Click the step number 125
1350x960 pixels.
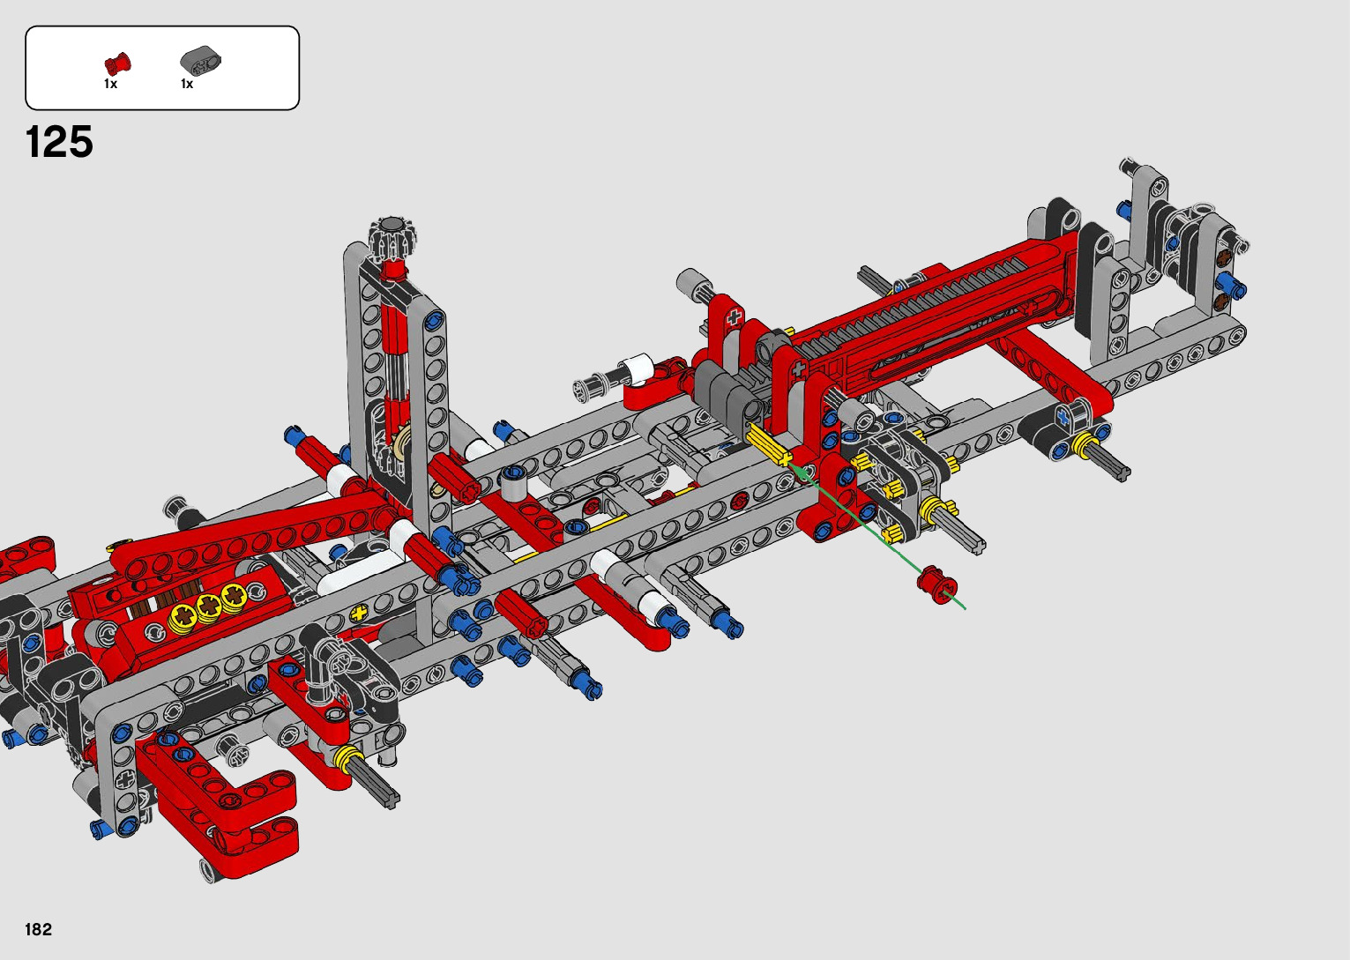(x=59, y=142)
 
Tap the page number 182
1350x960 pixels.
(x=39, y=929)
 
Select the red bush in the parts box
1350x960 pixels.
(x=117, y=63)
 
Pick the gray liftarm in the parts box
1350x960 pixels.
(x=201, y=60)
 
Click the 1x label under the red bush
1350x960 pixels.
(x=110, y=85)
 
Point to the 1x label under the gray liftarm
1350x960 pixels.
(x=187, y=85)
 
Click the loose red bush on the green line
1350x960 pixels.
(x=936, y=584)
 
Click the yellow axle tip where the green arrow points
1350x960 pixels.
(x=785, y=460)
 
